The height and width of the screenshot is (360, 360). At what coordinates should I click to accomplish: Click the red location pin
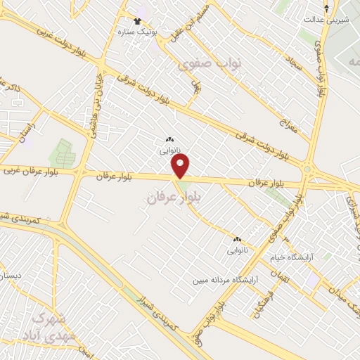(181, 167)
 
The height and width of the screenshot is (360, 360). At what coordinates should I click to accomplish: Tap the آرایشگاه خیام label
(295, 258)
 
